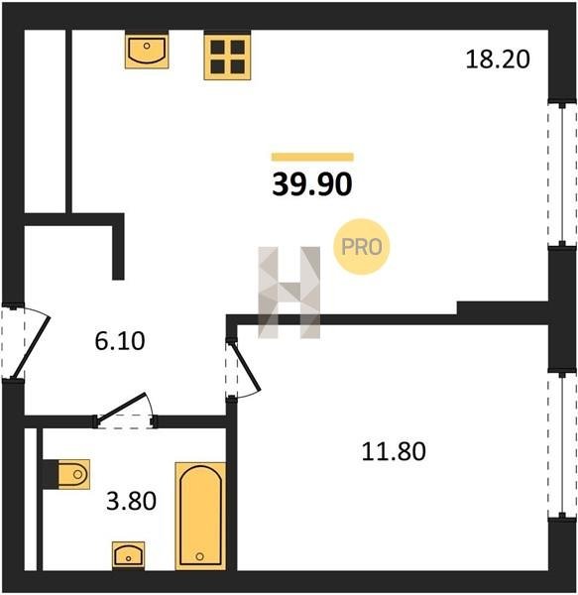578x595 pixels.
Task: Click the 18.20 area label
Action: click(498, 59)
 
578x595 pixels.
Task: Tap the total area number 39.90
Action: click(312, 184)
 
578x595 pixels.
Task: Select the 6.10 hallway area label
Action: click(120, 341)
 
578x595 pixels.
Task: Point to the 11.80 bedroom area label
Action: click(394, 451)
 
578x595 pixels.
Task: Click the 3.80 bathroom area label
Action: click(131, 501)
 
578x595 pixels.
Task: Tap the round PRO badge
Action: click(362, 247)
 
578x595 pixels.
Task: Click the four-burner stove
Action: click(227, 57)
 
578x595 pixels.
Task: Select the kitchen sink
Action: click(147, 52)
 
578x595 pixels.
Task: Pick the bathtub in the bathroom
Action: click(200, 516)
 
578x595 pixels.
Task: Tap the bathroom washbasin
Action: click(128, 555)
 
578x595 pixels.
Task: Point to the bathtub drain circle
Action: click(200, 556)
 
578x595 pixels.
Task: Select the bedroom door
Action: click(243, 369)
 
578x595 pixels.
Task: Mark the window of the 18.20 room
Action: click(562, 174)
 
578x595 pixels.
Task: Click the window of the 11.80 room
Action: click(562, 445)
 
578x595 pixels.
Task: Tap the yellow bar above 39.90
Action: click(312, 157)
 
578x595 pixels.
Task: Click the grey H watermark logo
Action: click(289, 293)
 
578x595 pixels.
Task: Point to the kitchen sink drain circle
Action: click(147, 46)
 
